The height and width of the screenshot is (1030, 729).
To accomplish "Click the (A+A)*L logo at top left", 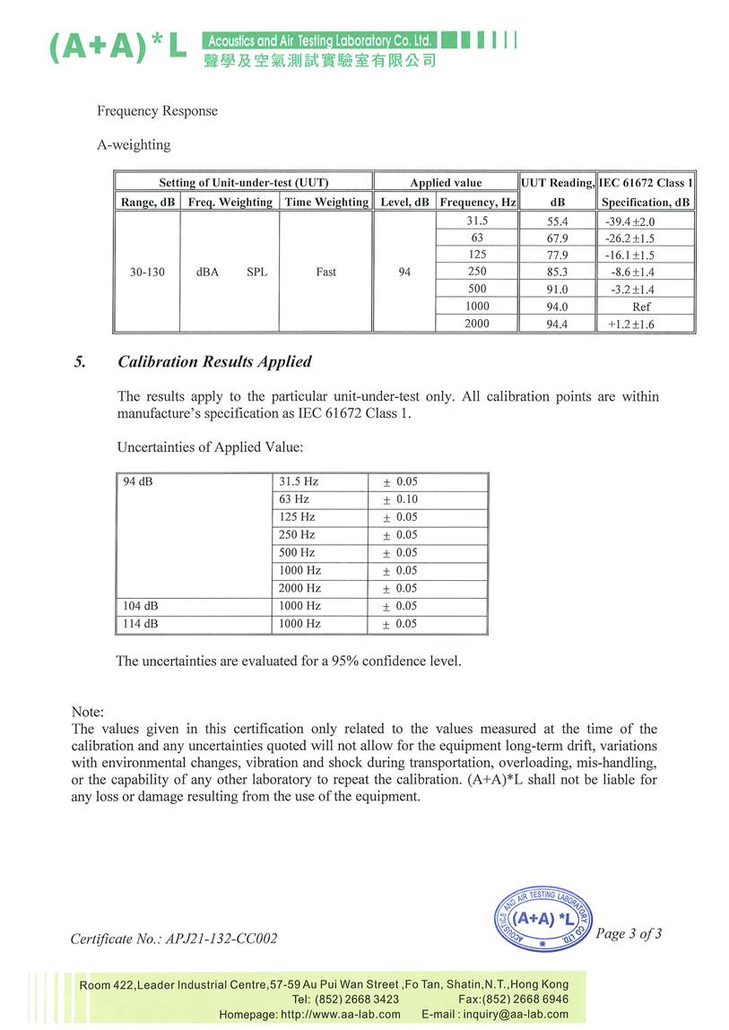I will pyautogui.click(x=117, y=47).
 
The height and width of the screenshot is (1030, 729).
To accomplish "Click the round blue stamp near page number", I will pyautogui.click(x=544, y=918).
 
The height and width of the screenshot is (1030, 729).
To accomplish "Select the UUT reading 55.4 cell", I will pyautogui.click(x=557, y=221).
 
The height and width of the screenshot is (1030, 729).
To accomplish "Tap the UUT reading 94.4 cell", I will pyautogui.click(x=557, y=325).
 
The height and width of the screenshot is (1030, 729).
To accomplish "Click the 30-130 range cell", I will pyautogui.click(x=146, y=272).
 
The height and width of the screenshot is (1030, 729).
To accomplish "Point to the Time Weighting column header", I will pyautogui.click(x=326, y=203).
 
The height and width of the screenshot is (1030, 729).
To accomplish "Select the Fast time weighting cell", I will pyautogui.click(x=326, y=272).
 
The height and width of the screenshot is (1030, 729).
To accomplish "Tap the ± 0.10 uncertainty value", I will pyautogui.click(x=401, y=499).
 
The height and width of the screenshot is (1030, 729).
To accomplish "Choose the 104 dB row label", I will pyautogui.click(x=141, y=606).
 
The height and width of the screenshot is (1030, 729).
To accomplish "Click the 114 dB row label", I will pyautogui.click(x=141, y=624).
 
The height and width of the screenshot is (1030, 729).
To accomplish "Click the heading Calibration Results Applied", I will pyautogui.click(x=214, y=362).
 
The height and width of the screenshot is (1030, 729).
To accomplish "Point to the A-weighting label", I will pyautogui.click(x=134, y=144).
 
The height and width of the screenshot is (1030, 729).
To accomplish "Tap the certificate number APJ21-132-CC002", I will pyautogui.click(x=174, y=939).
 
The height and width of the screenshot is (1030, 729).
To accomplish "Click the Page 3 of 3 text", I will pyautogui.click(x=629, y=934).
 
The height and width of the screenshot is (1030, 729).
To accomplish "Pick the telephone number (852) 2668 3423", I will pyautogui.click(x=346, y=999).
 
